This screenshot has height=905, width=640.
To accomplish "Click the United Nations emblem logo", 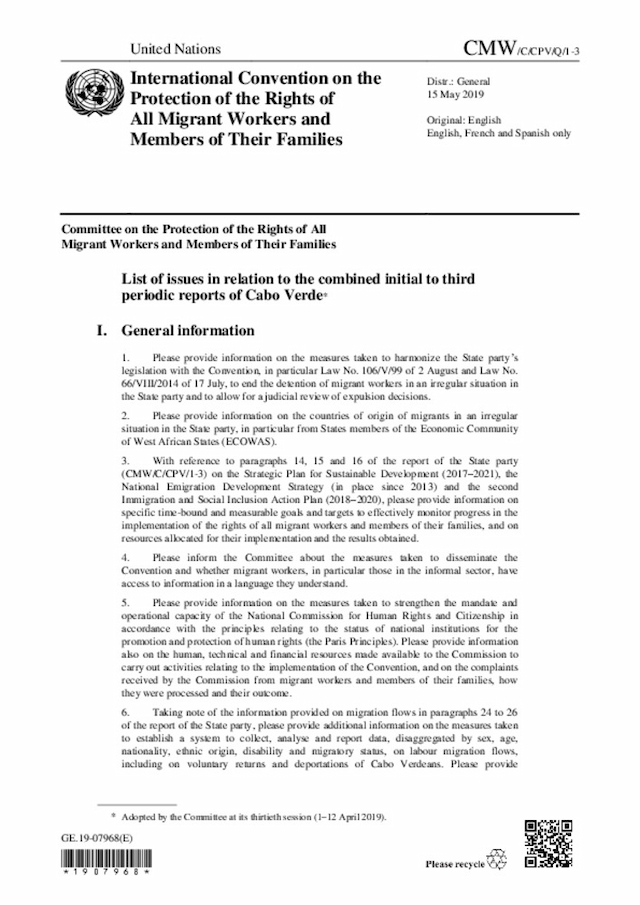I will coord(88,96).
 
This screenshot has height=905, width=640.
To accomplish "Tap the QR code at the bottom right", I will coord(549,843).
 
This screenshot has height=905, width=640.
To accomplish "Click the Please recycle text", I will coord(454,863).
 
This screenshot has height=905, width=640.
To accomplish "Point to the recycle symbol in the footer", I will coord(497,861).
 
